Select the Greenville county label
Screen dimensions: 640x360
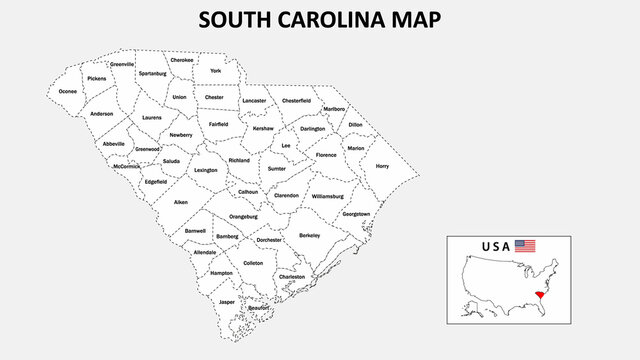pyautogui.click(x=122, y=64)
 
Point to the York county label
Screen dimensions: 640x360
pyautogui.click(x=215, y=71)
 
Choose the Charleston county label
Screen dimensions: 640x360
pyautogui.click(x=292, y=276)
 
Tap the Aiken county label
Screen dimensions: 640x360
pyautogui.click(x=181, y=202)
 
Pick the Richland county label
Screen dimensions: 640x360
pyautogui.click(x=239, y=160)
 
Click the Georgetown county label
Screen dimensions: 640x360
pyautogui.click(x=356, y=214)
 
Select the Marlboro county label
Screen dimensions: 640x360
pyautogui.click(x=335, y=109)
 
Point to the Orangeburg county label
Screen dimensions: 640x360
pyautogui.click(x=243, y=216)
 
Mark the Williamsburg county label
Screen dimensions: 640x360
pyautogui.click(x=327, y=196)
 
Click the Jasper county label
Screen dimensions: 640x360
pyautogui.click(x=227, y=301)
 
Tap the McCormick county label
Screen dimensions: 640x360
pyautogui.click(x=127, y=166)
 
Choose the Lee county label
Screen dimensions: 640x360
pyautogui.click(x=286, y=146)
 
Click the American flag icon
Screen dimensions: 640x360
pyautogui.click(x=526, y=245)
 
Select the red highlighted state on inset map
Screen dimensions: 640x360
pyautogui.click(x=541, y=297)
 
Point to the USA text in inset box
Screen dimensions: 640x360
pyautogui.click(x=497, y=245)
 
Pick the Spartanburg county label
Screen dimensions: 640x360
pyautogui.click(x=153, y=74)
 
